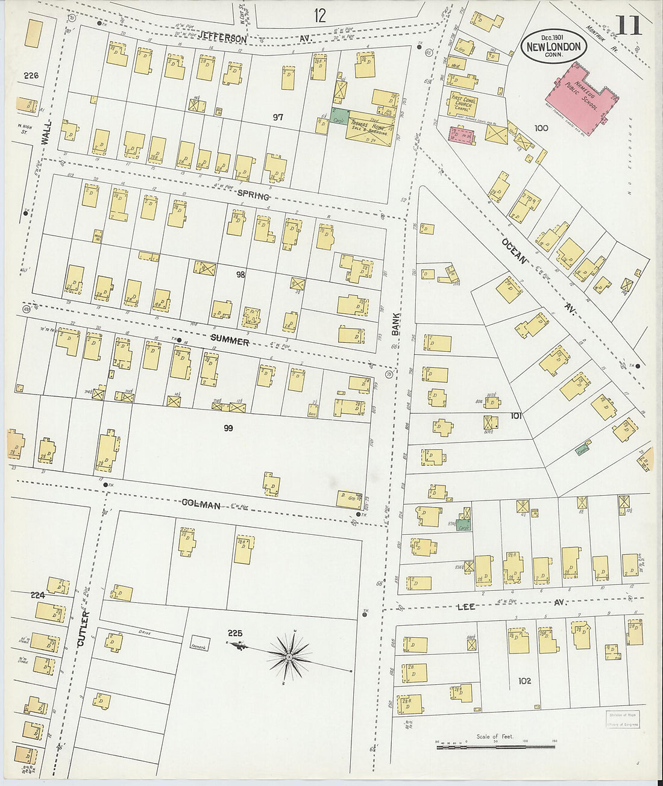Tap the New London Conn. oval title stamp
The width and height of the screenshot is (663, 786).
[553, 46]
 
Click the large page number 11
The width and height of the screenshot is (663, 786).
[628, 26]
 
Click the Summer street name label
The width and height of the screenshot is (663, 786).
[230, 342]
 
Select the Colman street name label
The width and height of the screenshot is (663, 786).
[201, 505]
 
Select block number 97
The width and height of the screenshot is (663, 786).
[277, 117]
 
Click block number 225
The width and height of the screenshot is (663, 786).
[235, 633]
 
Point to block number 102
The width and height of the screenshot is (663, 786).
[524, 681]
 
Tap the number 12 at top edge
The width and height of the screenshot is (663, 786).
[319, 15]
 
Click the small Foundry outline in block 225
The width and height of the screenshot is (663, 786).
[201, 643]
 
